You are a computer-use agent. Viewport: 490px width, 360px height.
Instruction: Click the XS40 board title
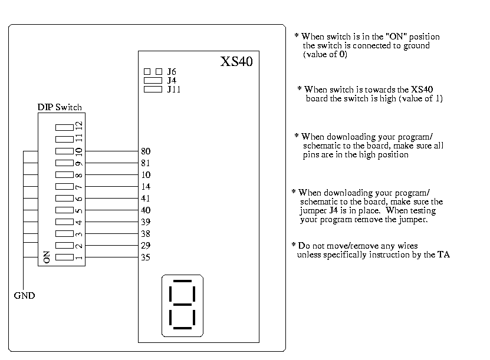(236, 61)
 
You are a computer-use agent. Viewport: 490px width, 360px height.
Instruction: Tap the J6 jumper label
(172, 71)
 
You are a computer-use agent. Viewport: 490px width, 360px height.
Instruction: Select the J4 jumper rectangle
(153, 80)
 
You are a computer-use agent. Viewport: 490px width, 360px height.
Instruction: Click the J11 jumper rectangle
(153, 89)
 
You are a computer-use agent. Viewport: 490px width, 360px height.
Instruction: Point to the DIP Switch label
(60, 107)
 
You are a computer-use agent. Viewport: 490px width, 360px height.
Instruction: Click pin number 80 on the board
(146, 151)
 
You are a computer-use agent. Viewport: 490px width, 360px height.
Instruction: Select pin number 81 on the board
(146, 163)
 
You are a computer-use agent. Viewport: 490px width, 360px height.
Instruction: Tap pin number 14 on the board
(146, 187)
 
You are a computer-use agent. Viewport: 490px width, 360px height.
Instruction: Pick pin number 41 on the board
(146, 199)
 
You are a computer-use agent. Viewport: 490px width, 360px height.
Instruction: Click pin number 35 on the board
(146, 257)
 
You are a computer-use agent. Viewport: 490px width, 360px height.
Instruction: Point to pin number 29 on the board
(146, 246)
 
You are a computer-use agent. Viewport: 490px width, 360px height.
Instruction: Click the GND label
(24, 296)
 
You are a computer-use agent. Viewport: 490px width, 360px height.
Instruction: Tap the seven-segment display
(182, 305)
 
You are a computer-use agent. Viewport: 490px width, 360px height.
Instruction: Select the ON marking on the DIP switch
(47, 257)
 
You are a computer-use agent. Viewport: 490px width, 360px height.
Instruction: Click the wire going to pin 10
(111, 175)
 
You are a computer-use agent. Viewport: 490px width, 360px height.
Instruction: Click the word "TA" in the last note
(443, 255)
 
